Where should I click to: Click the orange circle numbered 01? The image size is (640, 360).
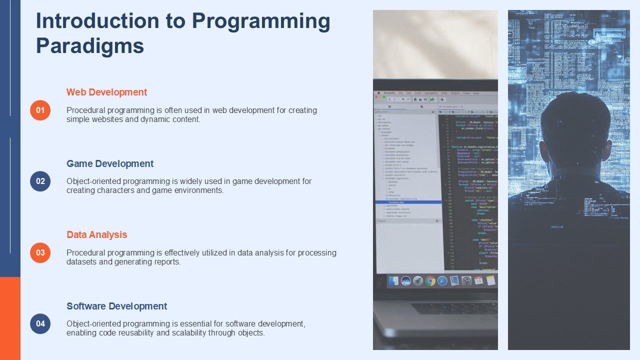(40, 110)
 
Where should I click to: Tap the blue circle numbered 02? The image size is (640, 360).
(40, 181)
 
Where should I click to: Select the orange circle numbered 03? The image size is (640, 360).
(40, 252)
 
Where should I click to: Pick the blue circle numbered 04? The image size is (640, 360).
(40, 323)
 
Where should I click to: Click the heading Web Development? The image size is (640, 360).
(106, 92)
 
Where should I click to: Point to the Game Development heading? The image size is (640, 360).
(110, 163)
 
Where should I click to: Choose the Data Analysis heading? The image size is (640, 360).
(96, 234)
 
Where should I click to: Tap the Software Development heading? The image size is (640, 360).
(116, 306)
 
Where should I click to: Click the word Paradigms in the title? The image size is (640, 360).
(90, 46)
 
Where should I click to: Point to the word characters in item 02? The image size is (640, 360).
(120, 190)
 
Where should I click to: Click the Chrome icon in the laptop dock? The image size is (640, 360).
(430, 281)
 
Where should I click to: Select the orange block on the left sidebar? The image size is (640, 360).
(10, 318)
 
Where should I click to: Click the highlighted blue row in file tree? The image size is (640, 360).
(408, 202)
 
